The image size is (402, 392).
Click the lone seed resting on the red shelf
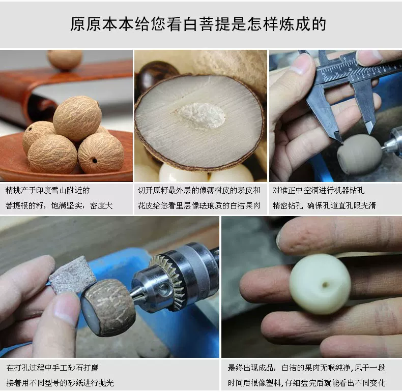click(x=65, y=59)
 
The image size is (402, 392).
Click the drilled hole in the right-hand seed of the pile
click(x=94, y=161)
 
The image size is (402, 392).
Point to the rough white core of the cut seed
click(x=200, y=116)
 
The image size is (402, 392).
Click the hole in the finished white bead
click(x=325, y=284)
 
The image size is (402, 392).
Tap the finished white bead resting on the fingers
click(x=320, y=284)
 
